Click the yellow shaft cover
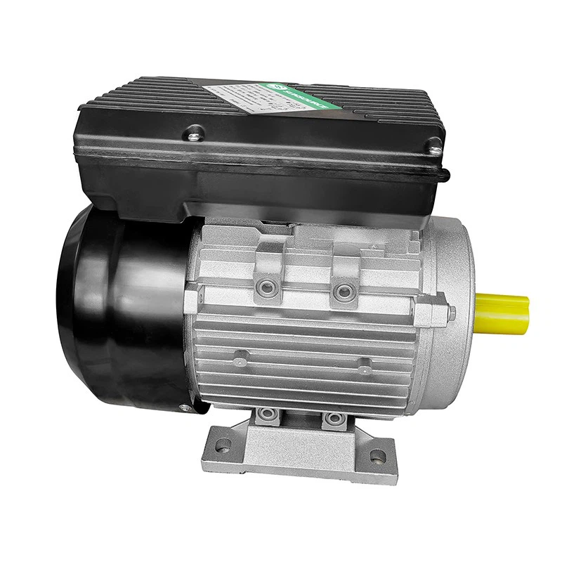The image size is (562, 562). [x=502, y=312]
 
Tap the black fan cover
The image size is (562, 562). [x=119, y=309]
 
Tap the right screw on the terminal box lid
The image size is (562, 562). [x=435, y=148]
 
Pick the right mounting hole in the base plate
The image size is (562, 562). [x=378, y=456]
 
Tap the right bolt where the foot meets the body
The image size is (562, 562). [x=334, y=419]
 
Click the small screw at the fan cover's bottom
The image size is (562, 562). [x=185, y=407]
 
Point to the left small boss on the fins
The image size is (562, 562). [x=240, y=360]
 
